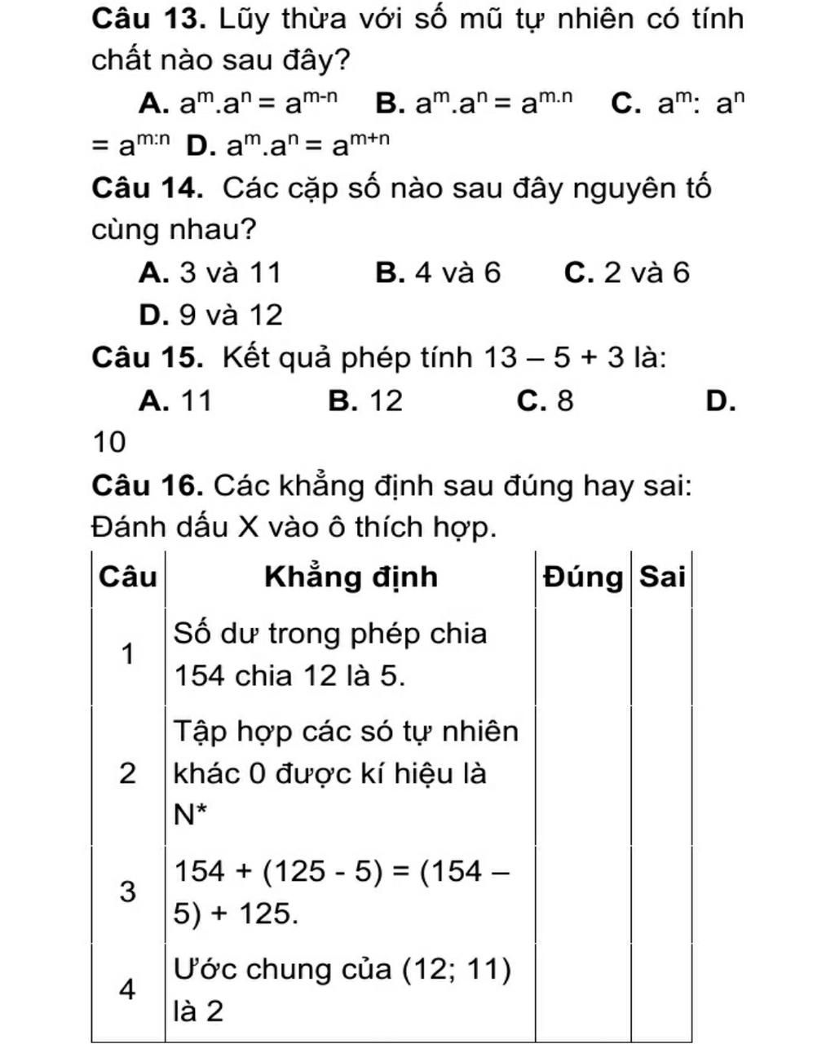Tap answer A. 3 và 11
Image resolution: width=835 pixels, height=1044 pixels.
[x=210, y=272]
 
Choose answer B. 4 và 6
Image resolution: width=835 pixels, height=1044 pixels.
[x=438, y=272]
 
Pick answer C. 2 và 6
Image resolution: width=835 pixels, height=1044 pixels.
[x=626, y=272]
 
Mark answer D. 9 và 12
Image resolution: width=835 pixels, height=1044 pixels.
[x=210, y=315]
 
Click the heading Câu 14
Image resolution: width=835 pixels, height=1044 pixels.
[x=147, y=188]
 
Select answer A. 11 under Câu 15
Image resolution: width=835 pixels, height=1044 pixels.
[x=175, y=400]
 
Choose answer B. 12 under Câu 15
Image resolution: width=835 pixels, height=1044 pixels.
[x=365, y=400]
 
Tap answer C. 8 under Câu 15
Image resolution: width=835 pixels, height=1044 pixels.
[x=545, y=400]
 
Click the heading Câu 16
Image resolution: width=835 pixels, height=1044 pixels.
[x=147, y=486]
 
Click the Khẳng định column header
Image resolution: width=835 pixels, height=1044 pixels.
[x=351, y=577]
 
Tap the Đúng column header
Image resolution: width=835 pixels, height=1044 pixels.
[x=583, y=577]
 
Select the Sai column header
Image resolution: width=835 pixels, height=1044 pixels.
[x=661, y=577]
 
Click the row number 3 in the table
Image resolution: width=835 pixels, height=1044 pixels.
[x=127, y=891]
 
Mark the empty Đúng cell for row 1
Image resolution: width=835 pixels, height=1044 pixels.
[x=583, y=655]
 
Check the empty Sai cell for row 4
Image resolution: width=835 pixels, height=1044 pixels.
[x=661, y=990]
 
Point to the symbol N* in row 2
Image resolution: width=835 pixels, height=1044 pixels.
[x=187, y=813]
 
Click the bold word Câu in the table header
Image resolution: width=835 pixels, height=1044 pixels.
[x=127, y=577]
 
